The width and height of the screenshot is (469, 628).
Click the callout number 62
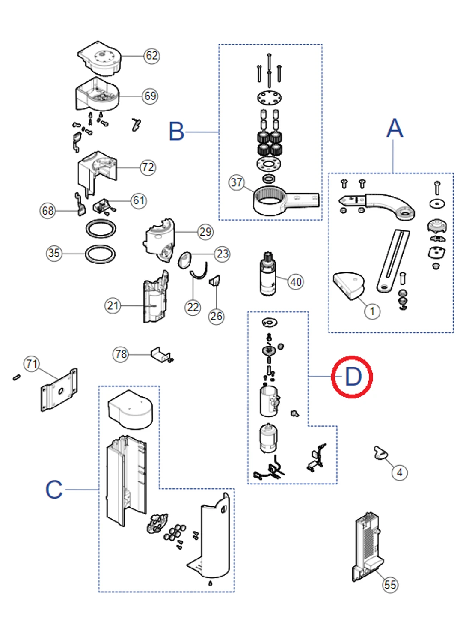coord(151,56)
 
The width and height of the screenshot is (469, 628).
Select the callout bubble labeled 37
coord(237,182)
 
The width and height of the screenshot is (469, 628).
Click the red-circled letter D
coord(352,377)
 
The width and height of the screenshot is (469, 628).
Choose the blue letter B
coord(176,132)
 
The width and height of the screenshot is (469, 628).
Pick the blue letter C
coord(54,489)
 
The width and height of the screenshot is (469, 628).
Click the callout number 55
coord(390,585)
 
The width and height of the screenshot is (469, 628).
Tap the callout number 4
coord(400,472)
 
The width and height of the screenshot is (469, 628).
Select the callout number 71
coord(32,364)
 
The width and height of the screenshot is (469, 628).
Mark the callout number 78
coord(121,354)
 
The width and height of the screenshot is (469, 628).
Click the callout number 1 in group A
coord(372,311)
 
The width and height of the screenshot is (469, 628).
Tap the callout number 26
coord(216,316)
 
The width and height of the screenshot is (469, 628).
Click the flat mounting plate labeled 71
coord(59,390)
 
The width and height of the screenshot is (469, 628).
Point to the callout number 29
coord(205,232)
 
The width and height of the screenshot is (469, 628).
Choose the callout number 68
coord(48,211)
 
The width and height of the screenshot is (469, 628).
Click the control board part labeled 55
coord(367,544)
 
